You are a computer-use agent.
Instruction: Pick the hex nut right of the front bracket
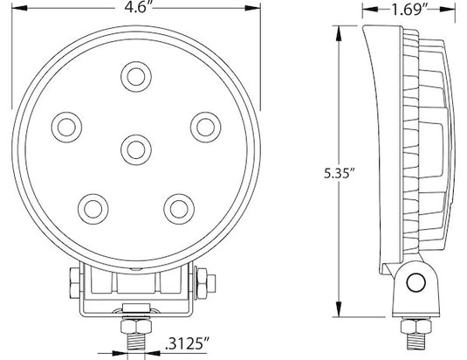coord(202,282)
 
